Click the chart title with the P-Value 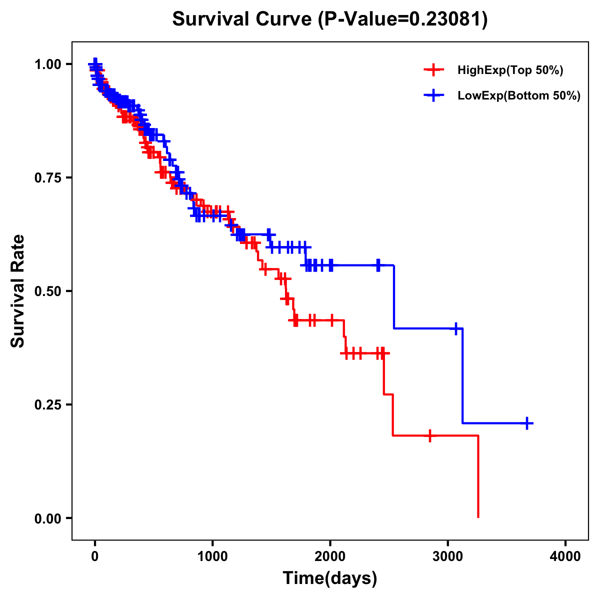[x=329, y=19]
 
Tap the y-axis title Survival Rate [x=18, y=290]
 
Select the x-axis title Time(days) [x=329, y=578]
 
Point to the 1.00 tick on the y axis [x=48, y=64]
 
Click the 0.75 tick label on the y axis [x=48, y=177]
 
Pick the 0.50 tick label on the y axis [x=48, y=291]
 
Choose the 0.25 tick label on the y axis [x=48, y=404]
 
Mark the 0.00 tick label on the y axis [x=48, y=518]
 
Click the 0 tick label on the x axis [x=95, y=556]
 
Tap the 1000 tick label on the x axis [x=212, y=556]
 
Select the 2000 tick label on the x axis [x=330, y=556]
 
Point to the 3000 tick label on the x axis [x=448, y=556]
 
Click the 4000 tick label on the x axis [x=565, y=556]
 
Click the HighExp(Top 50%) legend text [x=510, y=70]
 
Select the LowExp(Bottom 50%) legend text [x=519, y=95]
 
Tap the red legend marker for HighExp [x=434, y=70]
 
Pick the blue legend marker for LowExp [x=434, y=95]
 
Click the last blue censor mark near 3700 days [x=527, y=423]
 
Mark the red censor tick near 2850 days [x=429, y=435]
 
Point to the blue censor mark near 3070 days [x=456, y=328]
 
